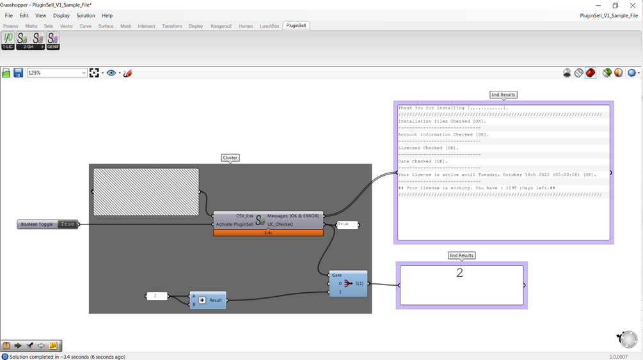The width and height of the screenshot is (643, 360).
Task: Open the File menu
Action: (8, 15)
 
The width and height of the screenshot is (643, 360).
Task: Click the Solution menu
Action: (85, 15)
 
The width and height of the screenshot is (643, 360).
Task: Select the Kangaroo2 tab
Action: (221, 26)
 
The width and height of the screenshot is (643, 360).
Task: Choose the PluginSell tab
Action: (296, 26)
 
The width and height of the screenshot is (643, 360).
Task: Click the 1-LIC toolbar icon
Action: (8, 41)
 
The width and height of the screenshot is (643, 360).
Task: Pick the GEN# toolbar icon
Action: (53, 41)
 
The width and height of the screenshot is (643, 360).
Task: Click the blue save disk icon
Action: (18, 73)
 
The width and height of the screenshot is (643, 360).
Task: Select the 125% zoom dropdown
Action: (57, 73)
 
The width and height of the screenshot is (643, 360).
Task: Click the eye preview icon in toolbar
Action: (111, 73)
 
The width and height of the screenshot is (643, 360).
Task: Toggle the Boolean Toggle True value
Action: (67, 224)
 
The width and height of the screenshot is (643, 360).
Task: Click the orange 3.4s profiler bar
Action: (268, 233)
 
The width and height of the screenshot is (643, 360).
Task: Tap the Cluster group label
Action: (230, 158)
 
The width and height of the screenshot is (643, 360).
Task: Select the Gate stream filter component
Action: (348, 284)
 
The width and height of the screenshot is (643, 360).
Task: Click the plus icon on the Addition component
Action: (202, 300)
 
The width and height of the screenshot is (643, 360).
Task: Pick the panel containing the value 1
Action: (157, 296)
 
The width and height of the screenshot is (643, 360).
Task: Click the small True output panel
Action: (347, 224)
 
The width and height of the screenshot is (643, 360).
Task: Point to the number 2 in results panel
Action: (459, 273)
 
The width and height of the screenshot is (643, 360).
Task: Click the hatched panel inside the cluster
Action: (146, 192)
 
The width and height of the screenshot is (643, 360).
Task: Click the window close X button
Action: (632, 5)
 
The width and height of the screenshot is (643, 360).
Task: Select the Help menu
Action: (107, 15)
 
